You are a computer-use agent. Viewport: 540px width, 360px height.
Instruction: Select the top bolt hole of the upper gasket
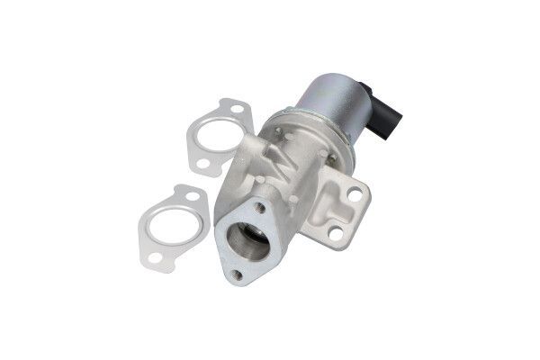[x=236, y=111]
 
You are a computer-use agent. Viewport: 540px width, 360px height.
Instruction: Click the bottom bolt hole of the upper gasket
[x=203, y=164]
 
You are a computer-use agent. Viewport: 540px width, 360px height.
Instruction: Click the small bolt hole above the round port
[x=261, y=207]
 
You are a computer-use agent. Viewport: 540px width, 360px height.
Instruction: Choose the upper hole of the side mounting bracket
[x=355, y=193]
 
